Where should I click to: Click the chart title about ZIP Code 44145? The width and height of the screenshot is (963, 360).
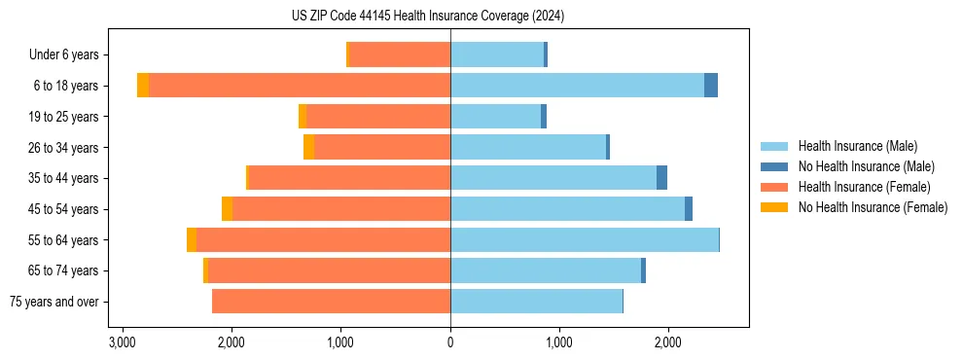pyautogui.click(x=428, y=17)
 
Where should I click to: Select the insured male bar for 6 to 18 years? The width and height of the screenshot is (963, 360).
pyautogui.click(x=577, y=86)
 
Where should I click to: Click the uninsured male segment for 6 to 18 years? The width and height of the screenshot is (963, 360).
pyautogui.click(x=711, y=86)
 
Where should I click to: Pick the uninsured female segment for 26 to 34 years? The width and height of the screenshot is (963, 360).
pyautogui.click(x=308, y=147)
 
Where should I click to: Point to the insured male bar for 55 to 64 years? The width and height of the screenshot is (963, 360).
pyautogui.click(x=584, y=239)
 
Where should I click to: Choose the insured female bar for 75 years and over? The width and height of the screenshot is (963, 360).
pyautogui.click(x=331, y=302)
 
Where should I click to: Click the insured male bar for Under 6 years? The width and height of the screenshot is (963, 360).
pyautogui.click(x=496, y=54)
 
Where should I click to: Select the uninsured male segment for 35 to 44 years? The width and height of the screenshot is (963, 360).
pyautogui.click(x=661, y=178)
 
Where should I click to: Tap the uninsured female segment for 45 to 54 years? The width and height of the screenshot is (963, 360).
pyautogui.click(x=227, y=209)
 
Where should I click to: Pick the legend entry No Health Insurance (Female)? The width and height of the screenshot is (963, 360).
pyautogui.click(x=873, y=207)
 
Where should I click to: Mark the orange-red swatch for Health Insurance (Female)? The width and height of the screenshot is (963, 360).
pyautogui.click(x=774, y=187)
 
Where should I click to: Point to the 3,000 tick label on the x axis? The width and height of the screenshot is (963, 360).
pyautogui.click(x=122, y=342)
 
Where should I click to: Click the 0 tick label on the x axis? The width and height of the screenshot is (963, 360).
pyautogui.click(x=450, y=342)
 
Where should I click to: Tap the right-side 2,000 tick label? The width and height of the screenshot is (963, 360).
pyautogui.click(x=668, y=342)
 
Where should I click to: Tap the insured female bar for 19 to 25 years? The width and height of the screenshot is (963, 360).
pyautogui.click(x=378, y=117)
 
